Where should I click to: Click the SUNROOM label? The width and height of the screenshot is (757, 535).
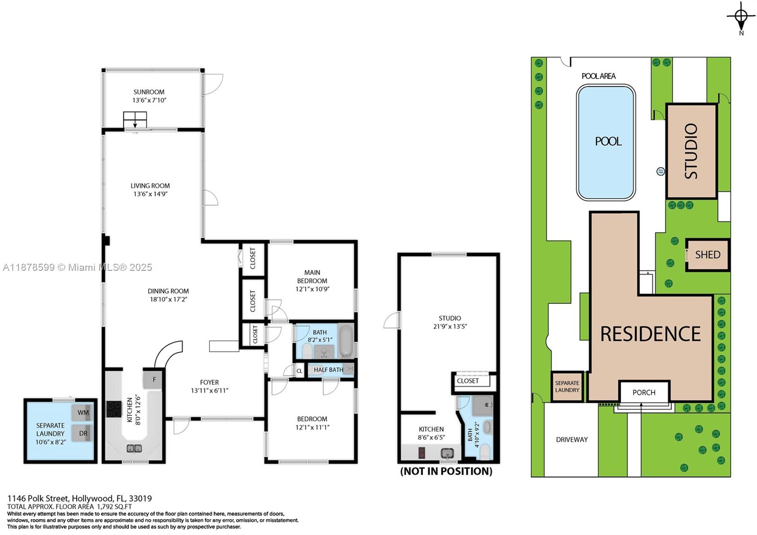[x=149, y=92]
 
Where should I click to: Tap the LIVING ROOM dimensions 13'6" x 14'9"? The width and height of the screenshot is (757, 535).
[x=150, y=194]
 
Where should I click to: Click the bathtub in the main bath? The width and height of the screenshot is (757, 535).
[x=346, y=340]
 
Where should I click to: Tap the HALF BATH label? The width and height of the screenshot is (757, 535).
[x=328, y=370]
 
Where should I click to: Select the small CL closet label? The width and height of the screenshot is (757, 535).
[x=299, y=371]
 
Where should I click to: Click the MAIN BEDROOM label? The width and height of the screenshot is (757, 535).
[x=312, y=276]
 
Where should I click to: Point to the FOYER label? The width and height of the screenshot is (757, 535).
[x=209, y=382]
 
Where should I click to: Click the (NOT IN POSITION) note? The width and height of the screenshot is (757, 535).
[x=446, y=471]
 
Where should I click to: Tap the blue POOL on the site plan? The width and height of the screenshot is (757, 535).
[x=606, y=143]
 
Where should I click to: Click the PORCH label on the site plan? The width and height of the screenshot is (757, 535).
[x=644, y=392]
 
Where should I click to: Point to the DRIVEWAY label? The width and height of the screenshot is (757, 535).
[x=572, y=440]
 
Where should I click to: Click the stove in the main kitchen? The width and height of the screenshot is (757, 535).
[x=114, y=409]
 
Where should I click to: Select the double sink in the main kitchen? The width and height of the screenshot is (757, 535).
[x=134, y=448]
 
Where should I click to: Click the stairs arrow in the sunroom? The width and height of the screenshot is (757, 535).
[x=135, y=120]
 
